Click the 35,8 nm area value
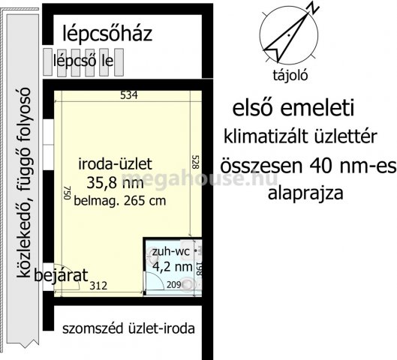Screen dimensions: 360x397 pyautogui.click(x=115, y=182)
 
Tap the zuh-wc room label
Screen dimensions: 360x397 pyautogui.click(x=169, y=251)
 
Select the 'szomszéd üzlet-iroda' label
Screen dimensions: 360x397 pyautogui.click(x=128, y=328)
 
